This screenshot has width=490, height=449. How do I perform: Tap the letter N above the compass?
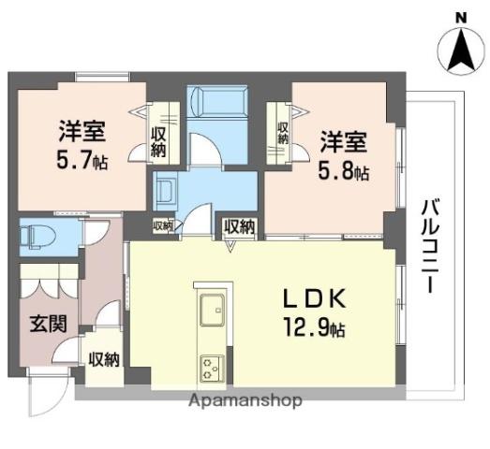460,17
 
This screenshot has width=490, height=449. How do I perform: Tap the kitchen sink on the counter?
210,306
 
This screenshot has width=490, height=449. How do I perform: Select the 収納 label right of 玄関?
104,359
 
